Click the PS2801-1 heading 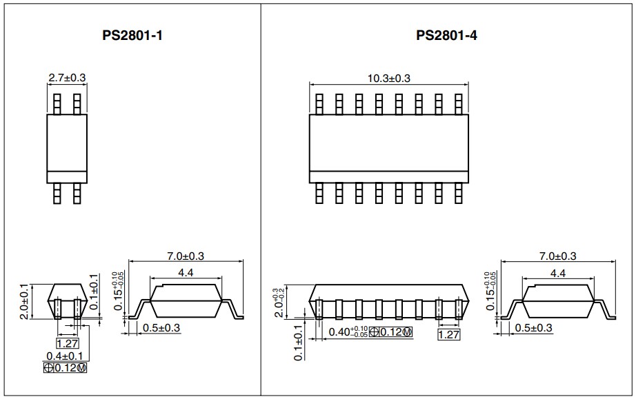[132, 36]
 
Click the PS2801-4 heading [446, 36]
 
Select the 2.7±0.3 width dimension [67, 77]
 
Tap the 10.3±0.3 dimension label [388, 78]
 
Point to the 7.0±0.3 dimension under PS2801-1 [186, 256]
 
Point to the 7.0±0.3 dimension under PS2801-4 [558, 256]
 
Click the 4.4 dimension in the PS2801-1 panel [186, 273]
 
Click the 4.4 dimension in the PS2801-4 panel [558, 274]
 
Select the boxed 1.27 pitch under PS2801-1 [68, 343]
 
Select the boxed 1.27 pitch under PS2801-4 [449, 335]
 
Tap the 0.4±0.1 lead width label [64, 356]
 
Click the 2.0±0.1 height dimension [24, 302]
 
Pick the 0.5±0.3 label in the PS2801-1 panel [161, 328]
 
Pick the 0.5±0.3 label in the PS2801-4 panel [533, 328]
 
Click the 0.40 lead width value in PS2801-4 [339, 332]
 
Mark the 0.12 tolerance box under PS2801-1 [65, 368]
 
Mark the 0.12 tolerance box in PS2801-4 [391, 332]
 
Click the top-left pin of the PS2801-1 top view [57, 104]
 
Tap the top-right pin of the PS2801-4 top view [459, 104]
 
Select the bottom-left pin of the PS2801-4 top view [319, 193]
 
